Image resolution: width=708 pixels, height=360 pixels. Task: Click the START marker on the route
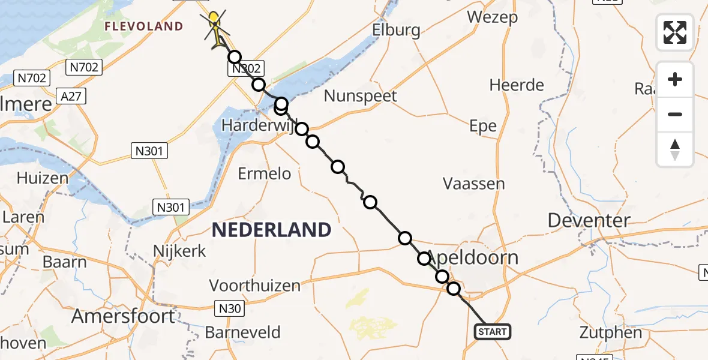pyautogui.click(x=493, y=331)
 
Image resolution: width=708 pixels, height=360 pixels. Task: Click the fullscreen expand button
pyautogui.click(x=675, y=32)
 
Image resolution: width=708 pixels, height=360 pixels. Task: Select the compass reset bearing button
pyautogui.click(x=675, y=149)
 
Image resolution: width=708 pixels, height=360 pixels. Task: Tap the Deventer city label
pyautogui.click(x=589, y=220)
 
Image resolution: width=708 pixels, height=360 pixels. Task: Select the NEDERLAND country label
pyautogui.click(x=271, y=229)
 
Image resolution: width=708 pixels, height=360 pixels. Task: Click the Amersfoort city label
pyautogui.click(x=124, y=316)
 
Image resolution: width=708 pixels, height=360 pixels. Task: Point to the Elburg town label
pyautogui.click(x=395, y=29)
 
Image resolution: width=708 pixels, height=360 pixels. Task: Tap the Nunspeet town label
pyautogui.click(x=360, y=96)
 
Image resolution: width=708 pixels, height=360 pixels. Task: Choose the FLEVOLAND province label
pyautogui.click(x=143, y=26)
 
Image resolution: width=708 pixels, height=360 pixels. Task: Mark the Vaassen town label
pyautogui.click(x=473, y=184)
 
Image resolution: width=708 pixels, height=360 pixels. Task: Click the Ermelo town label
pyautogui.click(x=264, y=174)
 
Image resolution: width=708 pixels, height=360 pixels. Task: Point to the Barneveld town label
pyautogui.click(x=242, y=332)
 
